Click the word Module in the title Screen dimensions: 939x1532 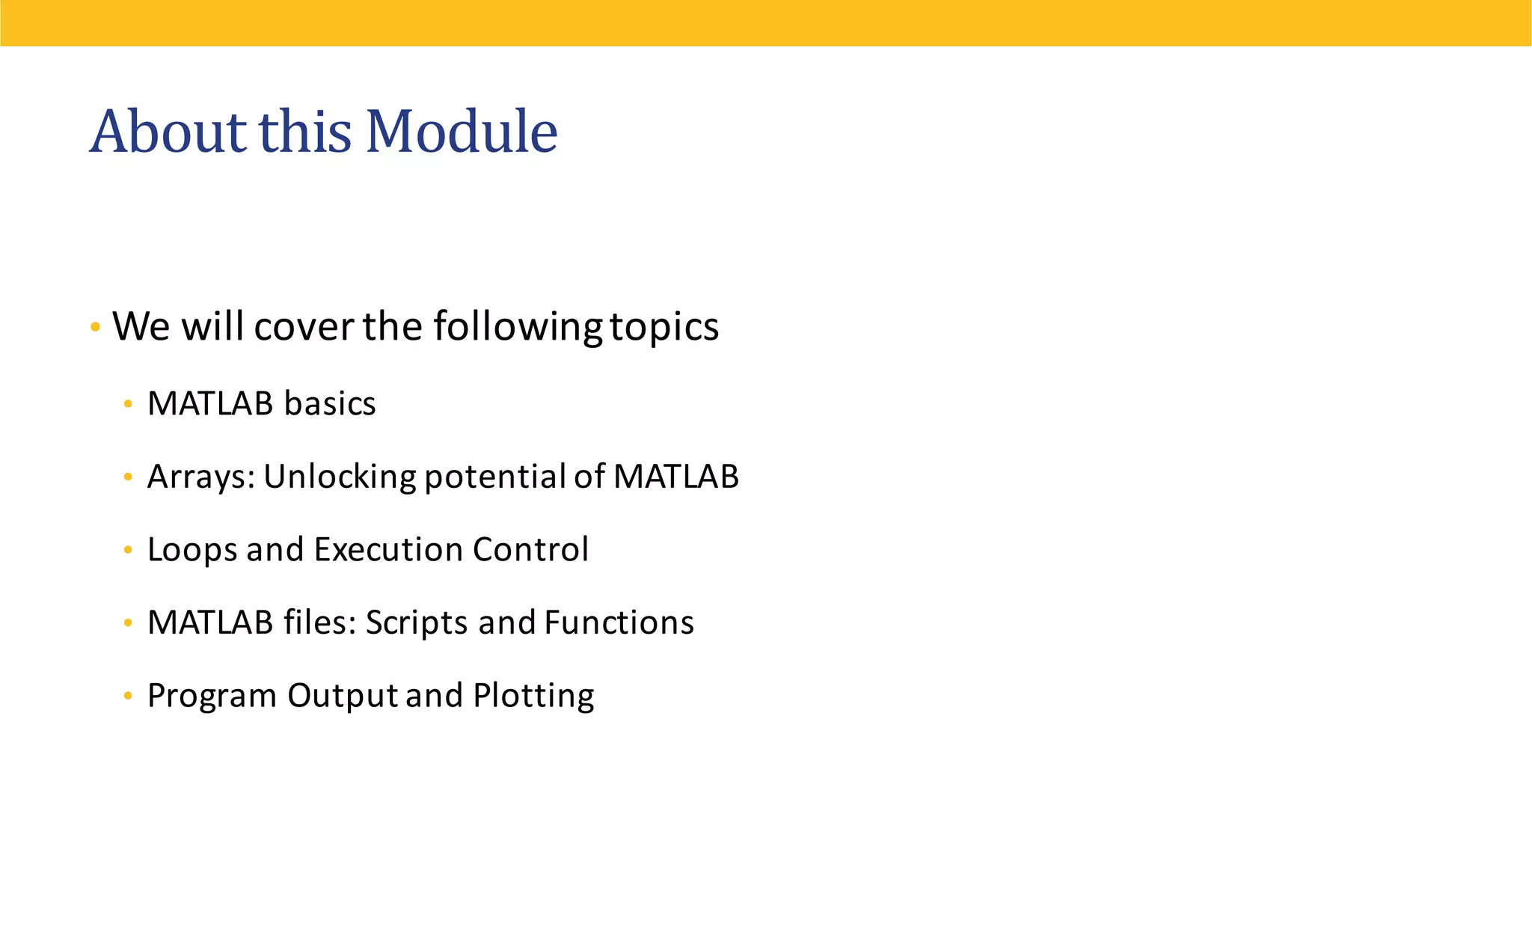click(x=462, y=132)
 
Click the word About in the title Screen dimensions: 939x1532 click(x=168, y=132)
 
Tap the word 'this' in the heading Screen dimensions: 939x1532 click(x=305, y=132)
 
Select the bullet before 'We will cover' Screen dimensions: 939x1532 click(x=95, y=327)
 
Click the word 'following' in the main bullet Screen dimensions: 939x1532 click(x=518, y=327)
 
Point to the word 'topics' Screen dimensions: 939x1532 click(x=664, y=327)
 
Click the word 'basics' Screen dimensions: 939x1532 click(x=329, y=404)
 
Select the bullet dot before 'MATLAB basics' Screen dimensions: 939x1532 click(x=128, y=405)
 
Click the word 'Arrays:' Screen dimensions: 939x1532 click(x=200, y=477)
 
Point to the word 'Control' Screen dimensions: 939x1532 click(x=530, y=550)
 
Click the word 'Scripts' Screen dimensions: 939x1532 click(x=417, y=623)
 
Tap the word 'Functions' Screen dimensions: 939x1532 click(x=619, y=623)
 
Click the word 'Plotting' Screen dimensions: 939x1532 click(x=533, y=696)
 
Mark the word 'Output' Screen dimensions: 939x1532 click(x=343, y=696)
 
